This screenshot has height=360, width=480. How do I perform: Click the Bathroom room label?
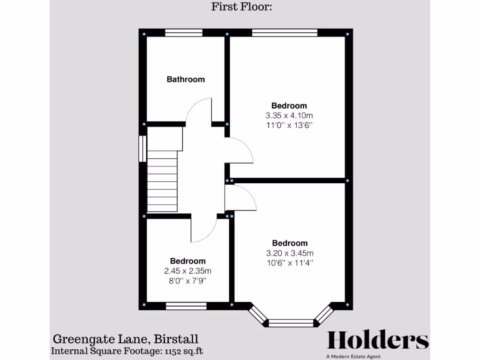186,79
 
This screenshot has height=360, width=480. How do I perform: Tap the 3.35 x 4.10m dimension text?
289,115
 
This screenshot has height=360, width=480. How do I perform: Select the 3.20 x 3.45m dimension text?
290,253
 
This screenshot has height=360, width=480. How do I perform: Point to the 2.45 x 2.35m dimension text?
187,271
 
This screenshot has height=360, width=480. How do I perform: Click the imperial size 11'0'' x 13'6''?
289,126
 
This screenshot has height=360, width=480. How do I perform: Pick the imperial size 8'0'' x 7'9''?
187,281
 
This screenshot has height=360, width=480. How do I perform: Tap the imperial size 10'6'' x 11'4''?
290,263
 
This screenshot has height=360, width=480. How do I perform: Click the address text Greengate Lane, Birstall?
125,339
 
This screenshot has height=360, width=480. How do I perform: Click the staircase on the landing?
163,180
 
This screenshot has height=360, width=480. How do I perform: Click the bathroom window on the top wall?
184,33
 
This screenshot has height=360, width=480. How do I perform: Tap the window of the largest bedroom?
285,33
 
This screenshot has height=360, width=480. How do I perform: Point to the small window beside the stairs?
143,149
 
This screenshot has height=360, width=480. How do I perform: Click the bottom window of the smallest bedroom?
187,306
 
